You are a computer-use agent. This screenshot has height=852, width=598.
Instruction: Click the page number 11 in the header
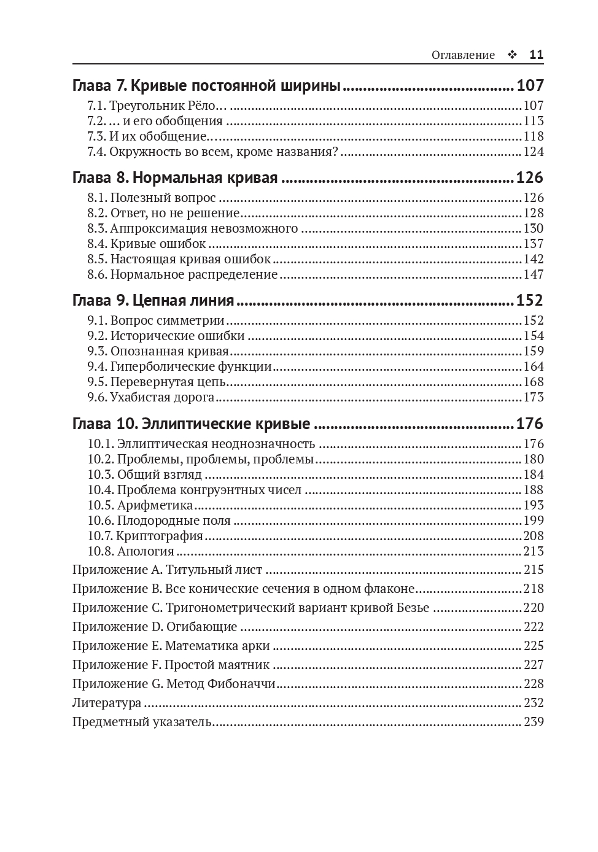(x=536, y=55)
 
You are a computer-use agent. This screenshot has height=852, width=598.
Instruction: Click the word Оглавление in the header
(x=463, y=55)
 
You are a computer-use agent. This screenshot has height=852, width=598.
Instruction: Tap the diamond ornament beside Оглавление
(x=512, y=55)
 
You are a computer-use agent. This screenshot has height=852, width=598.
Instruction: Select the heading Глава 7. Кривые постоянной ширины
(x=206, y=85)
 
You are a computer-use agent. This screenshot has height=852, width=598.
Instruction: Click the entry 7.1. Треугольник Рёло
(x=160, y=106)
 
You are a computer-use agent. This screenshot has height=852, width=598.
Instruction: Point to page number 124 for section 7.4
(x=534, y=152)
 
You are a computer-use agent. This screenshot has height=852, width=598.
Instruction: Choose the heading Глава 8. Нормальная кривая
(x=175, y=178)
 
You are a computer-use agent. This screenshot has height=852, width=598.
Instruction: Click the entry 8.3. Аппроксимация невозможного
(x=192, y=228)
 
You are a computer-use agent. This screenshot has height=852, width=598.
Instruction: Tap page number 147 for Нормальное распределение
(x=534, y=274)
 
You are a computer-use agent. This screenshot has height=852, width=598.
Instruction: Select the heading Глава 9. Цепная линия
(x=153, y=301)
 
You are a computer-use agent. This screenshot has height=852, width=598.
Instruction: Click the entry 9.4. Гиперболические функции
(x=179, y=366)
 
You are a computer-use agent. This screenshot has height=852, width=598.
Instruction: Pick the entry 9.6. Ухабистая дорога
(x=151, y=397)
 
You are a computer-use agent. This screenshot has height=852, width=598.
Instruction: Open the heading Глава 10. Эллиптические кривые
(x=191, y=424)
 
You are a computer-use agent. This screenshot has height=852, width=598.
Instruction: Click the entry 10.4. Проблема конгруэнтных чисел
(x=195, y=490)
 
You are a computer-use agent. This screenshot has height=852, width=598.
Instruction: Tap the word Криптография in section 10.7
(x=160, y=536)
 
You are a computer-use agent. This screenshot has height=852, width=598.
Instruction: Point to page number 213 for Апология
(x=534, y=551)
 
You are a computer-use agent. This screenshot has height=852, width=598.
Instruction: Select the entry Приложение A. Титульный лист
(x=167, y=570)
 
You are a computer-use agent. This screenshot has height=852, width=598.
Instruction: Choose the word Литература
(x=107, y=703)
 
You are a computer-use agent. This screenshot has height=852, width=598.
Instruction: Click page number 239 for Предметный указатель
(x=534, y=722)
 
